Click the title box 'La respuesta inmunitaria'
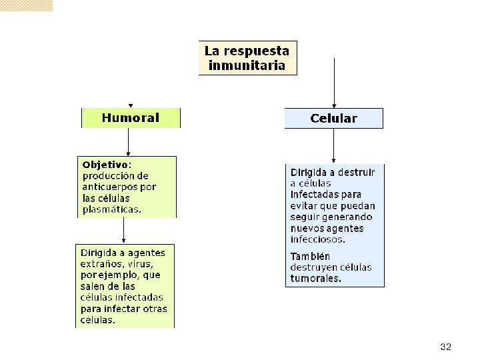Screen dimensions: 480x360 click(247, 58)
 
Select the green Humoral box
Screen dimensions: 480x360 click(131, 118)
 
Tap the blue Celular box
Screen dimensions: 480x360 click(333, 119)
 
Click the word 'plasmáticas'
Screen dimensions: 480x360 click(111, 209)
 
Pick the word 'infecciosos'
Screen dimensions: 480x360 click(317, 239)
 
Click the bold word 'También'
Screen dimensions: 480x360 click(310, 256)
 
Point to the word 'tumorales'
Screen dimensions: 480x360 click(316, 279)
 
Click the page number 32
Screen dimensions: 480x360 click(446, 347)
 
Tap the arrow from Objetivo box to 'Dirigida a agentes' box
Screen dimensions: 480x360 click(124, 231)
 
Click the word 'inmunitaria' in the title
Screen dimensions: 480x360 click(247, 65)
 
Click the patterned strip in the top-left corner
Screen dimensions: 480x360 click(26, 5)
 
